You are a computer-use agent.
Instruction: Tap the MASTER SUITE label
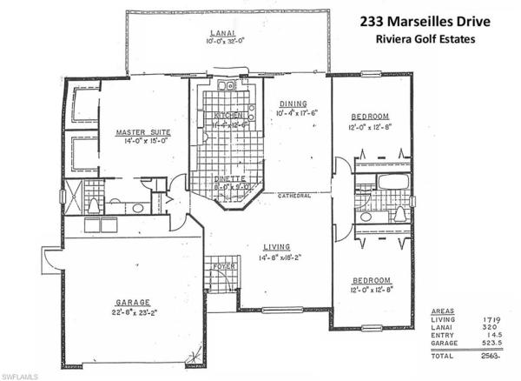pos(143,132)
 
